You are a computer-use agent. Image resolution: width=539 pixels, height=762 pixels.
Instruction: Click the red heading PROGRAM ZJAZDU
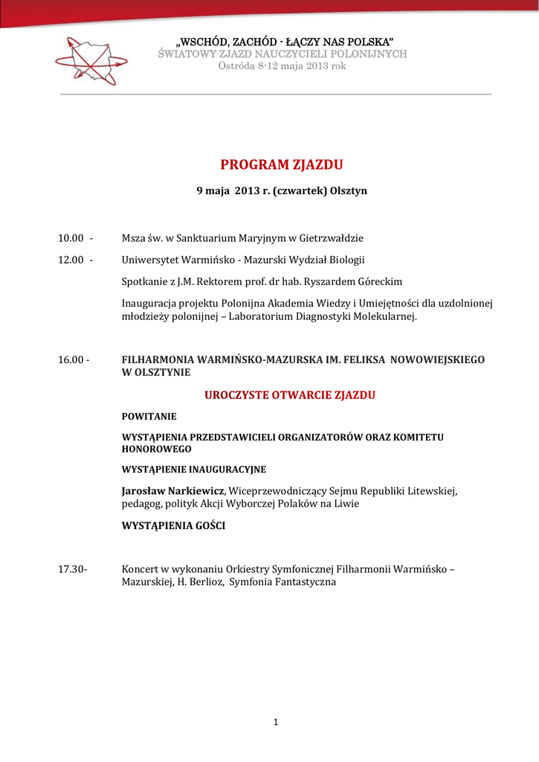tap(282, 164)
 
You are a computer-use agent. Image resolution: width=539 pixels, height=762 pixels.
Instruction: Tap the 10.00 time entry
tap(71, 238)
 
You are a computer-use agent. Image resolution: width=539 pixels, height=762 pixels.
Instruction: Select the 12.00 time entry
tap(71, 260)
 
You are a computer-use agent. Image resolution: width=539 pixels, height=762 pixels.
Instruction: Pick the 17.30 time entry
tap(71, 569)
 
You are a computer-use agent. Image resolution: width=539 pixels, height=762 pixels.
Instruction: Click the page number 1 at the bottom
tap(275, 722)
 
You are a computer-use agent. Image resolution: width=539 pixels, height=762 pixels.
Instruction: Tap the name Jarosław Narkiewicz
tap(174, 491)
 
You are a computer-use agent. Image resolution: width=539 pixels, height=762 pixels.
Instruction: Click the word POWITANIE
tap(149, 417)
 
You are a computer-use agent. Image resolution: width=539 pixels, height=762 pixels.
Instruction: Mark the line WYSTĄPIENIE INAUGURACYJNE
tap(194, 470)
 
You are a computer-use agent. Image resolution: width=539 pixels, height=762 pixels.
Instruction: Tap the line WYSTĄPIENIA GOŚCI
tap(173, 526)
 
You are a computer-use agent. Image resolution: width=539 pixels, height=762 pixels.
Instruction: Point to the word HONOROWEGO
tap(156, 449)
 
